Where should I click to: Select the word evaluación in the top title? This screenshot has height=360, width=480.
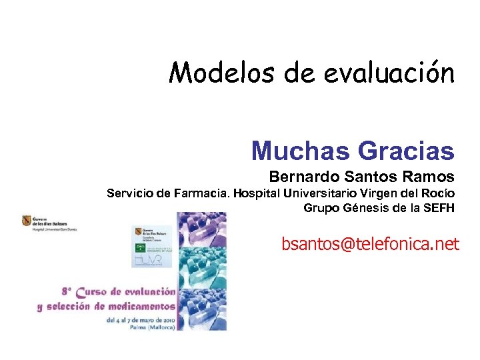point(389,72)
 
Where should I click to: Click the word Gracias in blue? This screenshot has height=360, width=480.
point(406,151)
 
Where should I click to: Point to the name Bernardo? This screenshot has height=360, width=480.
point(305,177)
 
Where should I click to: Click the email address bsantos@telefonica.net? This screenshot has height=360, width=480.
point(370,245)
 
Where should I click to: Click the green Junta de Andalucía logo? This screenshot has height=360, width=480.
point(141,249)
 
